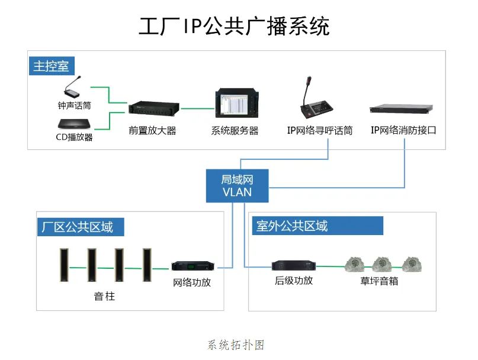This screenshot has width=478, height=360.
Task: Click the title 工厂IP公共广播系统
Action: (234, 27)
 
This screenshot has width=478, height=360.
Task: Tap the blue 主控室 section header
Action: (52, 65)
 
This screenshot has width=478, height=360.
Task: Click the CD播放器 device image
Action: (74, 124)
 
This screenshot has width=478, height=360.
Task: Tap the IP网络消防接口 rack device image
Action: (401, 109)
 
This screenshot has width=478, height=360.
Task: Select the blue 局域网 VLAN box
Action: (237, 186)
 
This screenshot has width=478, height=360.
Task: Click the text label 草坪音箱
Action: (379, 281)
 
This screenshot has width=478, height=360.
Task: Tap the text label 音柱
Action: (104, 296)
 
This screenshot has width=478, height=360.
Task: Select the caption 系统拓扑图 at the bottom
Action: (235, 345)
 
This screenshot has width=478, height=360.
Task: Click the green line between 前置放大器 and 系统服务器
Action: (197, 108)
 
